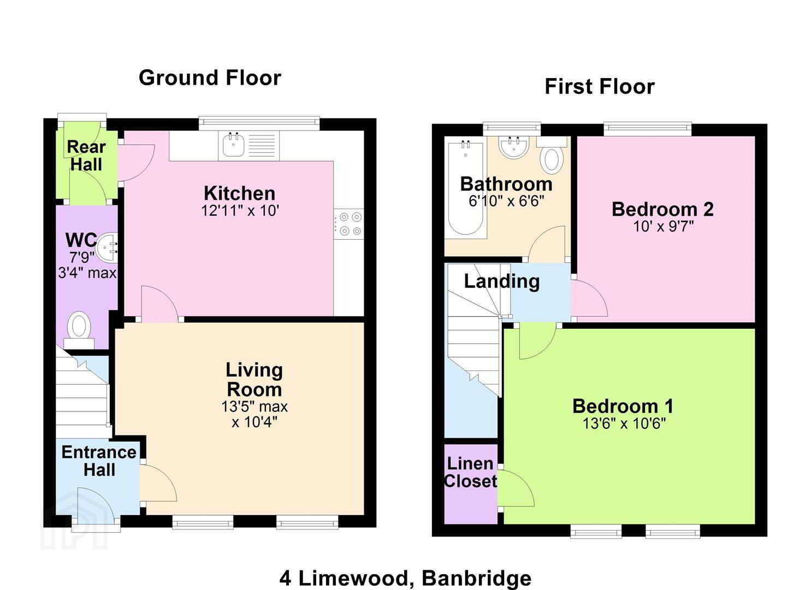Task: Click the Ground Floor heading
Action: coord(210,78)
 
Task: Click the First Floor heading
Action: coord(600,87)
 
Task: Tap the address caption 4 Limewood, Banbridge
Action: coord(405,579)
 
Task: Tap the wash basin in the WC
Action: coord(108,249)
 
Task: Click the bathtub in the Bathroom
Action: coord(465,188)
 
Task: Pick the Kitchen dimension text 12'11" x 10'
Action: coord(240,210)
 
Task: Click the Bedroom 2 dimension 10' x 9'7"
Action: coord(664,227)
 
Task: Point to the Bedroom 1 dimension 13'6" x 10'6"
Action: coord(624,423)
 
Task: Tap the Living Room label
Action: coord(254,380)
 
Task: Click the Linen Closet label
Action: coord(470,473)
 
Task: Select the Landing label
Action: coord(502,282)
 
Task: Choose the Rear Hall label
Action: coord(86,156)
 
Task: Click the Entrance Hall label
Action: coord(99,461)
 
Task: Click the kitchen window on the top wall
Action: coord(259,123)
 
